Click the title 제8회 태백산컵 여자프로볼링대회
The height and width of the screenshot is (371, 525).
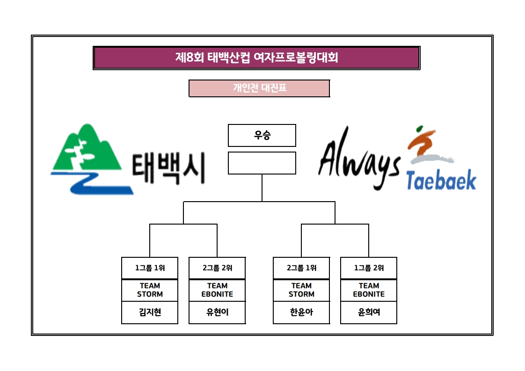pos(256,58)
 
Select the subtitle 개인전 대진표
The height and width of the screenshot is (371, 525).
pos(259,88)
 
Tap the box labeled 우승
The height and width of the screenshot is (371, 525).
pos(262,135)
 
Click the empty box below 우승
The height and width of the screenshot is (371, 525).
pos(262,163)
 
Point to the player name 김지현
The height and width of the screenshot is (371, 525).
pos(150,312)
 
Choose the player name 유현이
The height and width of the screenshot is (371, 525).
pos(217,312)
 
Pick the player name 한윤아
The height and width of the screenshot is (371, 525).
pos(301,312)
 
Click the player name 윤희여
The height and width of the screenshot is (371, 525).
pos(369,312)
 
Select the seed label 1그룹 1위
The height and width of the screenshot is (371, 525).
pos(150,268)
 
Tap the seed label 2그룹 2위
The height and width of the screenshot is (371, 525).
pos(217,268)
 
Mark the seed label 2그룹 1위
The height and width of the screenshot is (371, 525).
pos(301,268)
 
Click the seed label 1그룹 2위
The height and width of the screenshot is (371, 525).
pos(369,268)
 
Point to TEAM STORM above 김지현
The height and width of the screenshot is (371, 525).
pos(150,290)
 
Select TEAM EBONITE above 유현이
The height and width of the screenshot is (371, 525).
pos(217,290)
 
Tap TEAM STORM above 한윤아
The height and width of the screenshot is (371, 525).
pos(301,290)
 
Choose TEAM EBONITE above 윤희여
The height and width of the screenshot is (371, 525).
pos(369,290)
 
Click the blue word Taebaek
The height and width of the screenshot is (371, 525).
pos(441,180)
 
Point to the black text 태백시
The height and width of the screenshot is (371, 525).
pos(168,168)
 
